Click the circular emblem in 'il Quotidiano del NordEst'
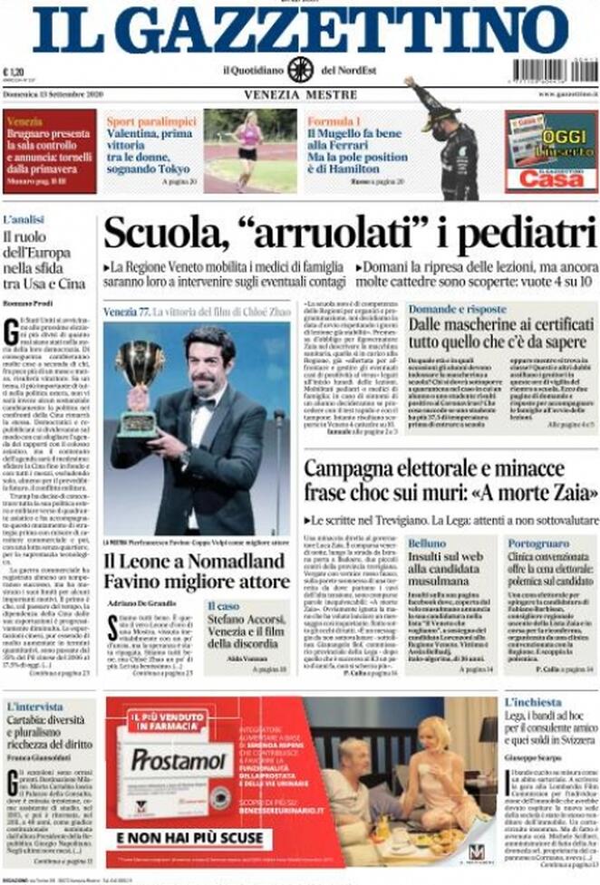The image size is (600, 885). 300,70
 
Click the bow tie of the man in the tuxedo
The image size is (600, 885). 204,402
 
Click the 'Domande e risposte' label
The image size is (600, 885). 457,310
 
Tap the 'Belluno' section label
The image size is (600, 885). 427,543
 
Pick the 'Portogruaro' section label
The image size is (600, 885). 539,543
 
